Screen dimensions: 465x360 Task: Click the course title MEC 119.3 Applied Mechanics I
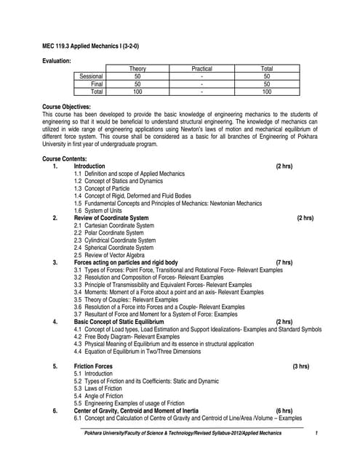(95, 47)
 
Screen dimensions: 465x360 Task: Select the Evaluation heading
(57, 61)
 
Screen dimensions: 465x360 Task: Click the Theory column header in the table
(137, 68)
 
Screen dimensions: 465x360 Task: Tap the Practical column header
(201, 68)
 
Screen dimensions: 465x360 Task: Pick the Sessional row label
(92, 76)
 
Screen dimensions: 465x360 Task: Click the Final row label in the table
(97, 84)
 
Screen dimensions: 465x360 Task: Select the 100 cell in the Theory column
(137, 92)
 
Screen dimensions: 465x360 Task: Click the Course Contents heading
(65, 158)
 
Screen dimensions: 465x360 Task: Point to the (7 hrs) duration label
(284, 262)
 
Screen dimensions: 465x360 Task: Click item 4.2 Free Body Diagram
(127, 337)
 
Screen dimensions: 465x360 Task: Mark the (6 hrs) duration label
(284, 411)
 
